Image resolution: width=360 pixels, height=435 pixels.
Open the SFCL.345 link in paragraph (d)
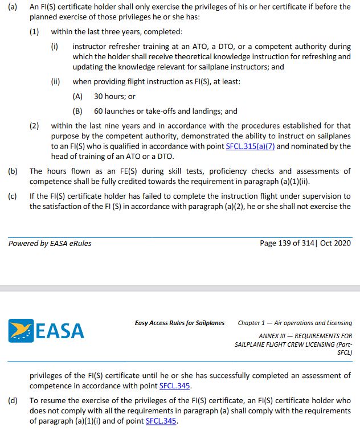pyautogui.click(x=161, y=421)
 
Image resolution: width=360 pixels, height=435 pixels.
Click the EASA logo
pyautogui.click(x=46, y=331)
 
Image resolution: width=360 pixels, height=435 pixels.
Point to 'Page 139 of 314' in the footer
pyautogui.click(x=288, y=243)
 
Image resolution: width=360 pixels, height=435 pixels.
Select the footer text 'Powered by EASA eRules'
pyautogui.click(x=50, y=243)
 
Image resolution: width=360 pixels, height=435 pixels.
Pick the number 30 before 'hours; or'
pyautogui.click(x=99, y=97)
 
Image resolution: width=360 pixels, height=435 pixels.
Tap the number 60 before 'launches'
pyautogui.click(x=99, y=111)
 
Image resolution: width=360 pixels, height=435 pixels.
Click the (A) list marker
pyautogui.click(x=78, y=97)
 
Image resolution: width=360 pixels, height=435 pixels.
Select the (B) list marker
pyautogui.click(x=78, y=111)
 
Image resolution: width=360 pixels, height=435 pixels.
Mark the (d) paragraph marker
pyautogui.click(x=13, y=401)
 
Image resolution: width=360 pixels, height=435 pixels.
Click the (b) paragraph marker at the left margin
pyautogui.click(x=13, y=171)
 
